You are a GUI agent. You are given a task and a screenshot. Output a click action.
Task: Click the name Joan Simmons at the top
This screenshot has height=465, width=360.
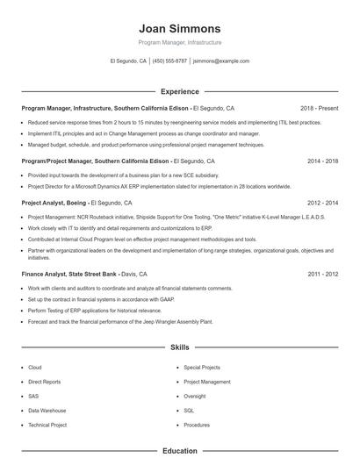pos(180,28)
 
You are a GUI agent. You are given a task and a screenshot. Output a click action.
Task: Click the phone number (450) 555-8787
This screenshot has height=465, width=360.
pos(169,61)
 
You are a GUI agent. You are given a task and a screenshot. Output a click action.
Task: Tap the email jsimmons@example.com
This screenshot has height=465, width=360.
pos(221,61)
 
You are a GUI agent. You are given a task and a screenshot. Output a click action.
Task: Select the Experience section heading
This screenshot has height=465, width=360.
pos(180,91)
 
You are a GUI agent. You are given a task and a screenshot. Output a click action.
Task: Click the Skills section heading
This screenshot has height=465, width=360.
pos(180,347)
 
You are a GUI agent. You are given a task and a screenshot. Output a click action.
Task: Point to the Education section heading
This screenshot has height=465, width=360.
pos(180,451)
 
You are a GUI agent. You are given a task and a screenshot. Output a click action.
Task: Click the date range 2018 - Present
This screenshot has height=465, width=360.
pos(319,108)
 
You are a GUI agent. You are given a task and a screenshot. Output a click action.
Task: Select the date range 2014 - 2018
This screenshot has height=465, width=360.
pos(323,161)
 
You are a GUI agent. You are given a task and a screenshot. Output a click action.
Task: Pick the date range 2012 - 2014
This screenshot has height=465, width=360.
pos(323,202)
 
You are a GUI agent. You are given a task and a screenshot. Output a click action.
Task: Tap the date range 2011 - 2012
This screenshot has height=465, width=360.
pos(323,274)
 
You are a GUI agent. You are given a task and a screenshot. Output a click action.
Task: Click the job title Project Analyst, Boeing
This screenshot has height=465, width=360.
pos(54,202)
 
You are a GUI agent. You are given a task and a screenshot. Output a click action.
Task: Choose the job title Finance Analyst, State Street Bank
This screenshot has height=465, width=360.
pos(69,274)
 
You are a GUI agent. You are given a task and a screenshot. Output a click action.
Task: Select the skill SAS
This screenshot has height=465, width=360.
pos(34,396)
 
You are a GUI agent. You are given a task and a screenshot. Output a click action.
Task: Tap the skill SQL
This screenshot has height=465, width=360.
pos(189,410)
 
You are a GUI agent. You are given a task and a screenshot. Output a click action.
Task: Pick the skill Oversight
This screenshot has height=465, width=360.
pos(194,396)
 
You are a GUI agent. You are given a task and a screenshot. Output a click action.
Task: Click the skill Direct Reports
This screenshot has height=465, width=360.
pos(45,382)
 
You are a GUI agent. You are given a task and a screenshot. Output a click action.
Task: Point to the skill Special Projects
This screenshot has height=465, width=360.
pos(202,368)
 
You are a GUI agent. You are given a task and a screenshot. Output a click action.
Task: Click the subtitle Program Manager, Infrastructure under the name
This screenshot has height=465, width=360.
pos(180,42)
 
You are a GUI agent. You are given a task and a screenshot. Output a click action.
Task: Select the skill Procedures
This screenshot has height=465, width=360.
pos(197,424)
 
